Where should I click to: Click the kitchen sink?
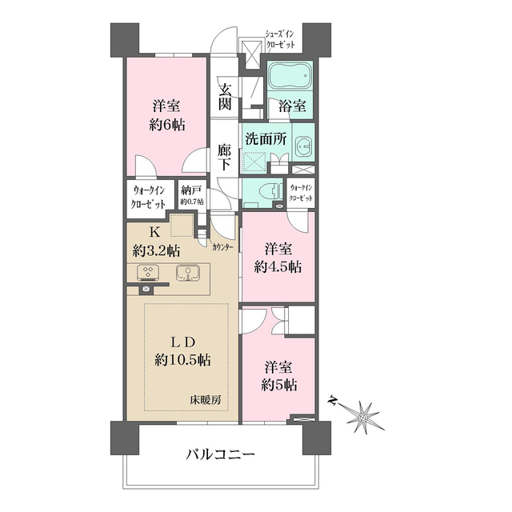coord(189,273)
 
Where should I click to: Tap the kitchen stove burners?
coord(149,273)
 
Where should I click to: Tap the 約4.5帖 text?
coord(279,267)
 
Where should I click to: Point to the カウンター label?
coord(223,247)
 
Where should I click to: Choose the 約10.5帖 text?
coord(184,360)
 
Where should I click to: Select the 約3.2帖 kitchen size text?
coord(153,250)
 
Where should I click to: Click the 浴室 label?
coord(290,105)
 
